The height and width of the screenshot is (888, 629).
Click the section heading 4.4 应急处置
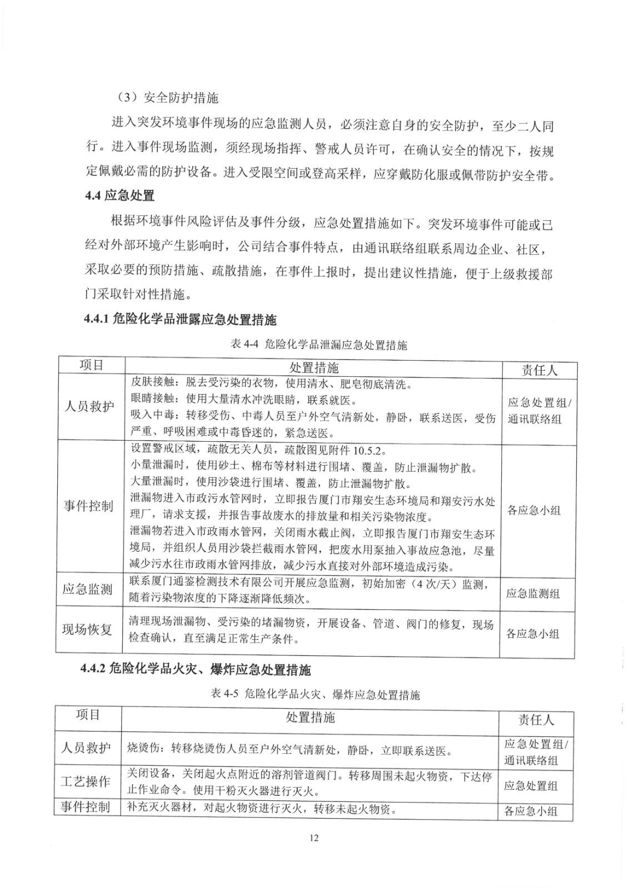(x=121, y=195)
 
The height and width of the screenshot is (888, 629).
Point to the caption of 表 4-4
(x=318, y=345)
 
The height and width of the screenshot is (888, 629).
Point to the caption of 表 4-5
(x=316, y=694)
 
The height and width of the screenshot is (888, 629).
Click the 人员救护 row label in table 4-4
(x=89, y=406)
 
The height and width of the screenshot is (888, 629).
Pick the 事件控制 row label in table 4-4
(x=89, y=506)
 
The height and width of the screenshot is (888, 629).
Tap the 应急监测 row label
(x=88, y=589)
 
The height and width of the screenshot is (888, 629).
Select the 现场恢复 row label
(x=88, y=630)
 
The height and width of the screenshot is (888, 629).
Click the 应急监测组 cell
(x=532, y=594)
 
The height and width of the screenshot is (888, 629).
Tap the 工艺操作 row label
(x=86, y=782)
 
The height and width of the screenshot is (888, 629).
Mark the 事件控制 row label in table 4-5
(x=86, y=807)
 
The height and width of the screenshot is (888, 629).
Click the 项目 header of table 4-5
(x=88, y=715)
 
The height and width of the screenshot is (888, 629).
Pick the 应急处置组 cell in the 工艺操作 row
(x=531, y=786)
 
